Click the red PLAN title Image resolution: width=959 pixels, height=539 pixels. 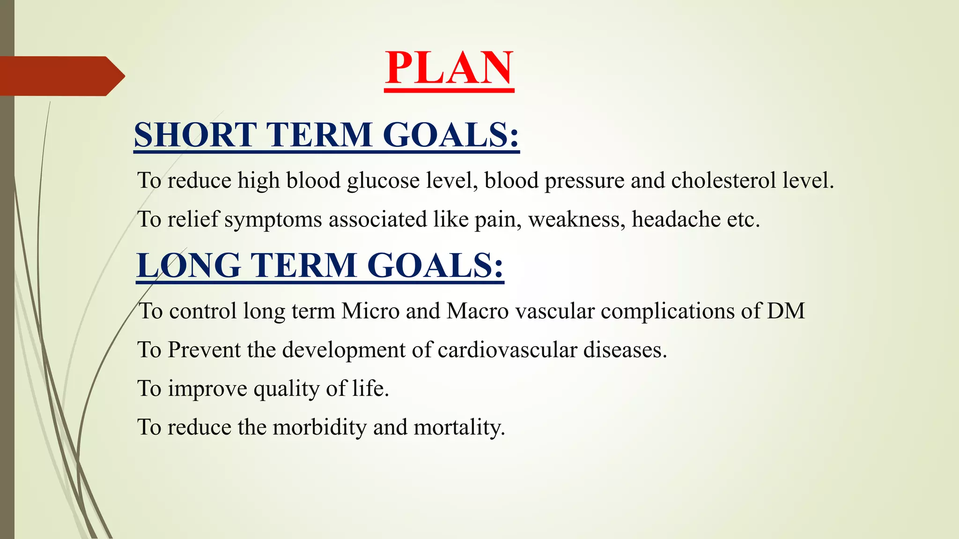[449, 68]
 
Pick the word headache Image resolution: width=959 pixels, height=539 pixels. [676, 219]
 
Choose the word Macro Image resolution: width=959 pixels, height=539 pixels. [478, 311]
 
